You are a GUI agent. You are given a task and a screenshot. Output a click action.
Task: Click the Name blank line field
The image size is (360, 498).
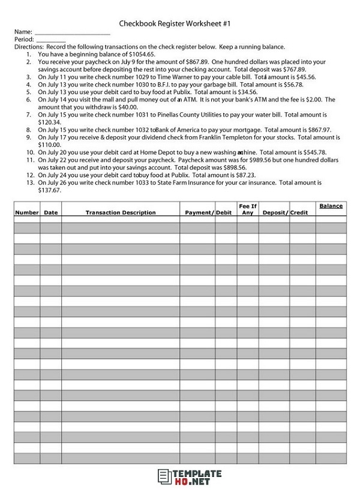(72, 32)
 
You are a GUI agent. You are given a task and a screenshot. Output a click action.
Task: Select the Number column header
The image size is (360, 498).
(26, 213)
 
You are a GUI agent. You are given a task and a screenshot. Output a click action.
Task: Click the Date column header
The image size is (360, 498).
(50, 213)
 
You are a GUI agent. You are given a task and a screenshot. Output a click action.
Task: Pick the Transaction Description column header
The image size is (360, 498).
(120, 213)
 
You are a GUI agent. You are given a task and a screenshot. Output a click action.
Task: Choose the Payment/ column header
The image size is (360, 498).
(199, 213)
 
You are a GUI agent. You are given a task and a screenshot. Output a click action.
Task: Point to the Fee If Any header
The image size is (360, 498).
(247, 209)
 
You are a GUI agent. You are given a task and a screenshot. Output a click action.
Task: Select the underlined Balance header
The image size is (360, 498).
(331, 206)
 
